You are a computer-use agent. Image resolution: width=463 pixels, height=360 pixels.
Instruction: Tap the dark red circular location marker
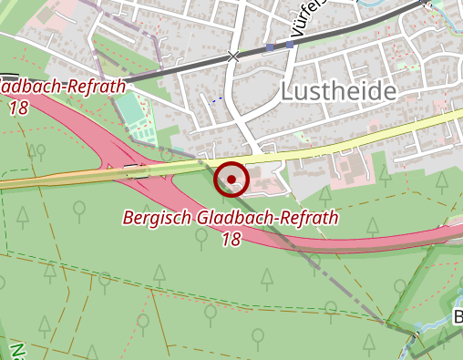[x=231, y=180]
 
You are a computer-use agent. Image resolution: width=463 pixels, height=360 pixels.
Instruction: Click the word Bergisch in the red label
[x=155, y=219]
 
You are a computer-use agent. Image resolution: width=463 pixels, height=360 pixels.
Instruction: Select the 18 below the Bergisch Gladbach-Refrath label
[x=231, y=240]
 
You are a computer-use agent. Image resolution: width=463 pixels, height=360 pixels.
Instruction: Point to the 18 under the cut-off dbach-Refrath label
[x=17, y=108]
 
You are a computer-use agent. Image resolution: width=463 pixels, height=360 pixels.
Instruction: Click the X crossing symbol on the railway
[x=234, y=57]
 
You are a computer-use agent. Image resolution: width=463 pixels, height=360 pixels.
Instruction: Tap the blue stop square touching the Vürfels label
[x=291, y=43]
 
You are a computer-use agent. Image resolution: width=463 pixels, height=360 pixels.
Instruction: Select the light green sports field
[x=133, y=114]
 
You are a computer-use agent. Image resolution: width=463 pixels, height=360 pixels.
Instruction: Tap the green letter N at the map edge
[x=15, y=351]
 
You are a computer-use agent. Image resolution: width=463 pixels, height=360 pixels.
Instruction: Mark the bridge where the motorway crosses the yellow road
[x=137, y=170]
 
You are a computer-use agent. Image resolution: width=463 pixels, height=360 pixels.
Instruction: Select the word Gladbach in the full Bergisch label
[x=219, y=219]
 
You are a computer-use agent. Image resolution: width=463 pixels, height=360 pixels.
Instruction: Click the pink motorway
[x=365, y=244]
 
